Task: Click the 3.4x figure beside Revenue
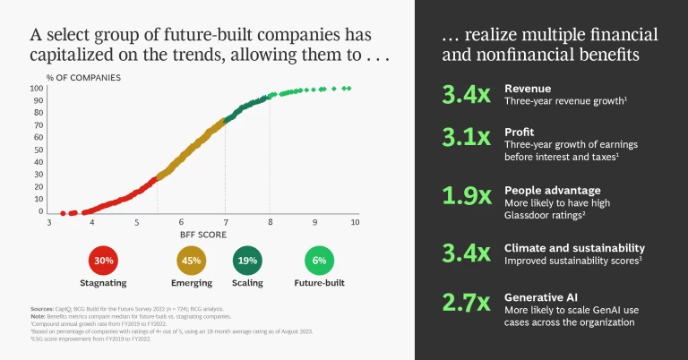pyautogui.click(x=466, y=96)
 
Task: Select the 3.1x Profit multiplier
pyautogui.click(x=466, y=137)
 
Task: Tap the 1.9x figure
pyautogui.click(x=466, y=195)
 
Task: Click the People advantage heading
pyautogui.click(x=552, y=190)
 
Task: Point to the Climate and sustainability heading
pyautogui.click(x=574, y=247)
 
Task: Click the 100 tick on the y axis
pyautogui.click(x=38, y=89)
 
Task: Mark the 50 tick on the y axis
pyautogui.click(x=39, y=150)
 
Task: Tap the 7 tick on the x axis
pyautogui.click(x=225, y=221)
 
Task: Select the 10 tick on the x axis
pyautogui.click(x=355, y=221)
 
